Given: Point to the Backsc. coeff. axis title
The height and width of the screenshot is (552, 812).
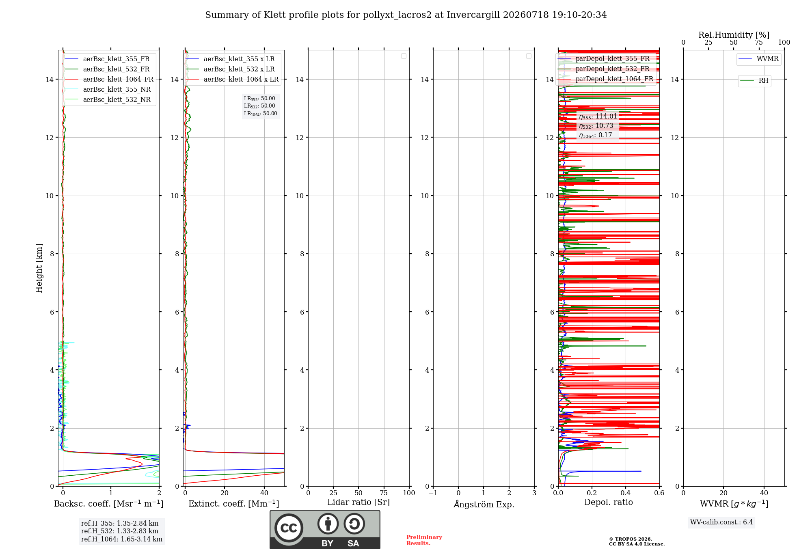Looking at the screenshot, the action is coord(109,504).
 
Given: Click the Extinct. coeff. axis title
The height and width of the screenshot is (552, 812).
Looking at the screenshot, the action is coord(234,504).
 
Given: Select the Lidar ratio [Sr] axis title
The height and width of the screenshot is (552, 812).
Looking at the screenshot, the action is coord(358,502).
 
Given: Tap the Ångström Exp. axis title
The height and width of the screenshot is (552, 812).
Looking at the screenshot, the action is coord(484,504).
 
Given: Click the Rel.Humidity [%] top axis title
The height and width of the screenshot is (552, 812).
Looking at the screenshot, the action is coord(734,35).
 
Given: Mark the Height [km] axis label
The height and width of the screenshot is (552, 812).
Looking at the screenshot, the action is coord(39,268).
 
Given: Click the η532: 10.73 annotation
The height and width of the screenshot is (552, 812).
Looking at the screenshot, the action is coord(596,126).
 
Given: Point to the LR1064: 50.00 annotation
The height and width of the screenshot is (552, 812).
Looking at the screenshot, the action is coord(260,114).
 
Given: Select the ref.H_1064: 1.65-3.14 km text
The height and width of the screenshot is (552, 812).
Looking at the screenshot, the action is coord(122,539).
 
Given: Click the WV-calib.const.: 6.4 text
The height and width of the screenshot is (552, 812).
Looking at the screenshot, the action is coord(721,522).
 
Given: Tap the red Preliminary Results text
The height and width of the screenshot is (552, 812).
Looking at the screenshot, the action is coord(424,540).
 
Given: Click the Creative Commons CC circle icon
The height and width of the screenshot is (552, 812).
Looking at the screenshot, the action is coord(289,528).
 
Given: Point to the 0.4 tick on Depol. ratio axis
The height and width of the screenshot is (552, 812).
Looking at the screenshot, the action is coord(626,493).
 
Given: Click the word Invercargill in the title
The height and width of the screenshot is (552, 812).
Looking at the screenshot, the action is coord(473,15).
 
